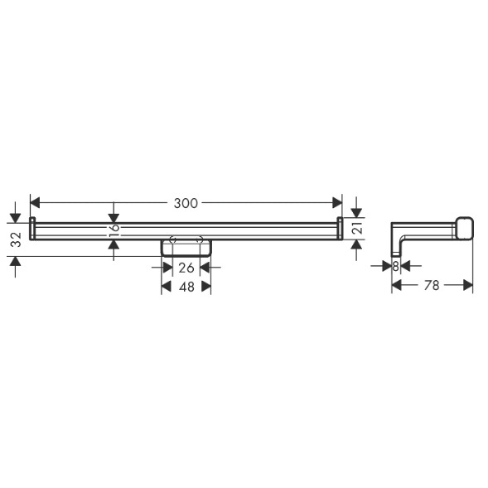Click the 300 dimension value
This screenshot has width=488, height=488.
186,203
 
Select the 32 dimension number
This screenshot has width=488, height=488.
17,239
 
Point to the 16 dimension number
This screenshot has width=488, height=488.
114,230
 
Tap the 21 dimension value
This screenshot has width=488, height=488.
358,228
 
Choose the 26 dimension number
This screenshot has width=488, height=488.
186,268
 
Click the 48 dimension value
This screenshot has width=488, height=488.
186,287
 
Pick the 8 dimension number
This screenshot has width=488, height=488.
395,267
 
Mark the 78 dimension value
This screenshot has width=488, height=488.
432,285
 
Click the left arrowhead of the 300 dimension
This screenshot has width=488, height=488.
35,203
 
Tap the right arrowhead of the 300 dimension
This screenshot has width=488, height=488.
337,203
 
